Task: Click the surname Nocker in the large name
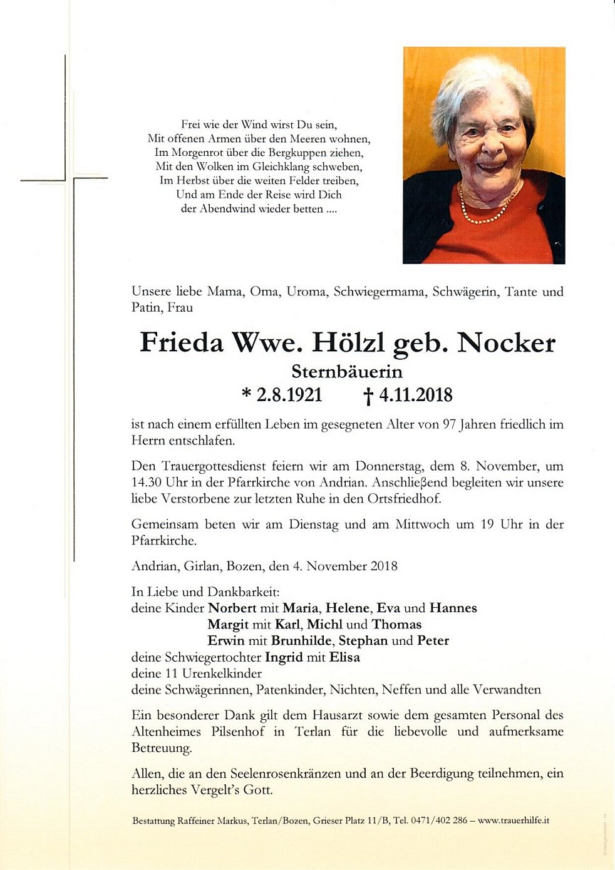tap(507, 343)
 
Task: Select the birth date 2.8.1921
tap(289, 395)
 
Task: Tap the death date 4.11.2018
tap(415, 395)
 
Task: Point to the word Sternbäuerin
tap(347, 372)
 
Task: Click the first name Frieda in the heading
tap(181, 343)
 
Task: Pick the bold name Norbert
tap(232, 608)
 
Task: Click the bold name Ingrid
tap(284, 657)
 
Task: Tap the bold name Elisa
tap(344, 657)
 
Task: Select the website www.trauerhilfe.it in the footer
tap(514, 820)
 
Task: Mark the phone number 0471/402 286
tap(438, 820)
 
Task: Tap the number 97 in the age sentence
tap(449, 424)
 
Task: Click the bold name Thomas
tap(396, 624)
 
